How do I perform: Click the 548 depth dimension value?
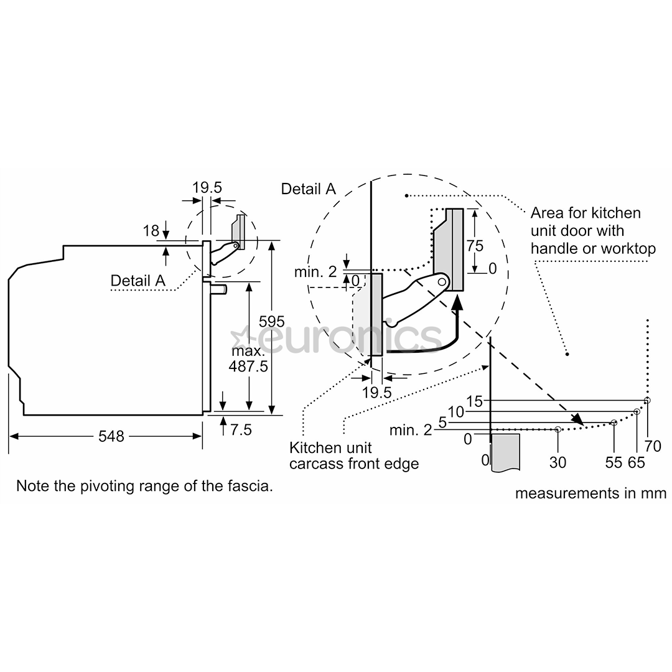point(111,436)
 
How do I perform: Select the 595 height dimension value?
point(272,321)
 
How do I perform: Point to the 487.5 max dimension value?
point(248,366)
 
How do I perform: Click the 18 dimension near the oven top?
point(151,231)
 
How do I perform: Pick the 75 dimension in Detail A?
point(475,246)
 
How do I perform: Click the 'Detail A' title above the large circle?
point(309,189)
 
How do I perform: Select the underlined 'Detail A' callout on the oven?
point(138,281)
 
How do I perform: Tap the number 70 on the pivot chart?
point(653,446)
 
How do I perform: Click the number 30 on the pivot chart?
point(558,462)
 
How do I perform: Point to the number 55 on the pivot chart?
point(614,462)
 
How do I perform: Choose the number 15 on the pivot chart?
point(474,401)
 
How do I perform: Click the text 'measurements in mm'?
point(590,493)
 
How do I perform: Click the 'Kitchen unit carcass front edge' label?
point(353,455)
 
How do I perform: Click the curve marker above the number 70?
point(647,400)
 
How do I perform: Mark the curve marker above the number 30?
point(558,429)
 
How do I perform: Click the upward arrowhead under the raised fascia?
point(457,304)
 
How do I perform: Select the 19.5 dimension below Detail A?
point(376,392)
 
